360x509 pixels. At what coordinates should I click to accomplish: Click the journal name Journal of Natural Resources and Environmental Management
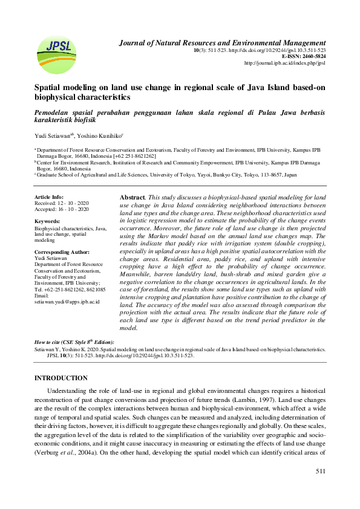pos(222,43)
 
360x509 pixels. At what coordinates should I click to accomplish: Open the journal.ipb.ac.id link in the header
pos(284,63)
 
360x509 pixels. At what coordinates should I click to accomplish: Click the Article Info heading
pos(49,197)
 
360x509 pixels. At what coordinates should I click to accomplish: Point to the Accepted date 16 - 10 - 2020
pos(72,209)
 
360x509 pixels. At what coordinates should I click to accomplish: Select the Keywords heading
pos(47,222)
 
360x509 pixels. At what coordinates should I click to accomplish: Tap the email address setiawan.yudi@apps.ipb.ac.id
pos(67,301)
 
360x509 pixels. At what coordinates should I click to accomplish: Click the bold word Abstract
pos(133,198)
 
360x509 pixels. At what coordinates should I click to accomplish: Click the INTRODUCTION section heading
pos(61,378)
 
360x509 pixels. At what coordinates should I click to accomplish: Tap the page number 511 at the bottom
pos(321,471)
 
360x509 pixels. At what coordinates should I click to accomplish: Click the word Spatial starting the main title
pos(48,87)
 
